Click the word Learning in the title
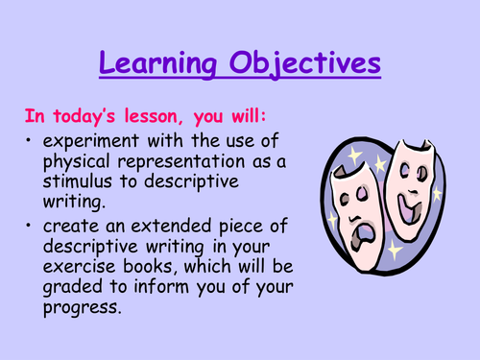click(159, 65)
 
